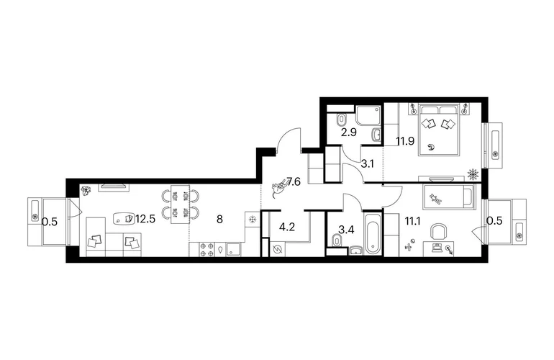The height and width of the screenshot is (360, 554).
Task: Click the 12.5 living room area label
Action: [x=145, y=220]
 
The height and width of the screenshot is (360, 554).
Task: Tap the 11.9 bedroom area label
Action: [x=405, y=141]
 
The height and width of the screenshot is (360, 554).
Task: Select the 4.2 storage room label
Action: [x=287, y=227]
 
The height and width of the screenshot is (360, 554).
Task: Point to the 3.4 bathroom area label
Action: [x=346, y=230]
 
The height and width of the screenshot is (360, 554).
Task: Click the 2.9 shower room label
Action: [x=349, y=132]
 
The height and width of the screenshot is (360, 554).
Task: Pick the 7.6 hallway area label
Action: [x=294, y=182]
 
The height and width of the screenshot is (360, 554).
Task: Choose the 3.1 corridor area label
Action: [x=368, y=163]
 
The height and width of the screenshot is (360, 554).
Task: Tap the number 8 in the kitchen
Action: [x=219, y=220]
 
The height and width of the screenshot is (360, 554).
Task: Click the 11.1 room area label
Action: [x=413, y=221]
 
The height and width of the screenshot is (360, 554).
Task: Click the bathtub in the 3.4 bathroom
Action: [x=373, y=233]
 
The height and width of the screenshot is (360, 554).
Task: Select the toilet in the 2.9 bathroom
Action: [x=341, y=120]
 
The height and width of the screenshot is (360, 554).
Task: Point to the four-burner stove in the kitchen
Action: [x=206, y=249]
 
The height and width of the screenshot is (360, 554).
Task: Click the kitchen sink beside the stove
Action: [x=232, y=249]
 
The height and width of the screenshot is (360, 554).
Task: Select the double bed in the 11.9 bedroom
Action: [x=440, y=130]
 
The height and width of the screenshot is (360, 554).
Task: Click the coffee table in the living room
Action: [x=124, y=218]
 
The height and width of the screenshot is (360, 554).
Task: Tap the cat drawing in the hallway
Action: [x=279, y=188]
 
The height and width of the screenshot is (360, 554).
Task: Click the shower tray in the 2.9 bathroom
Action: [x=368, y=115]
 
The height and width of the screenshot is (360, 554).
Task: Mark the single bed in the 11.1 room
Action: [x=449, y=196]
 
